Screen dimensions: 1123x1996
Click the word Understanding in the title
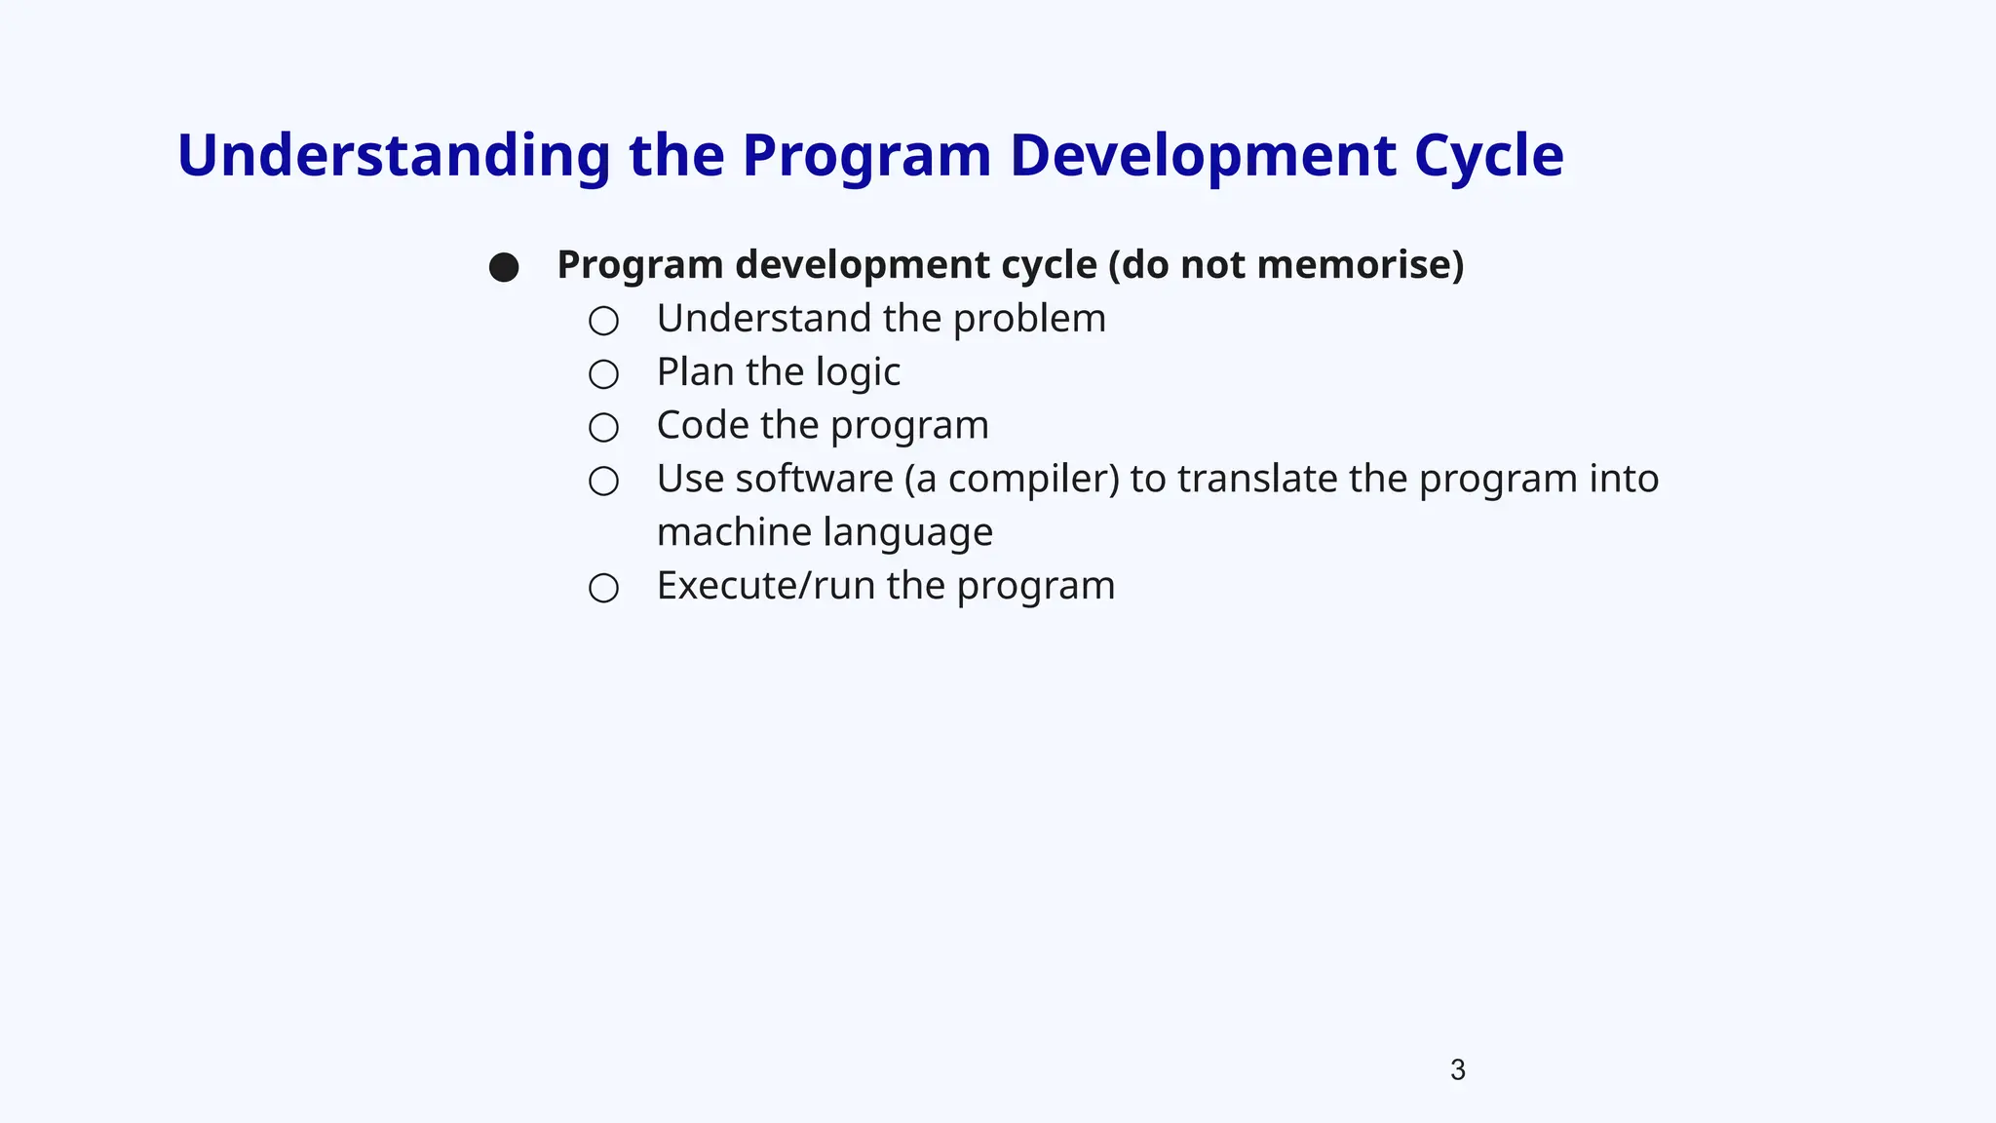[393, 156]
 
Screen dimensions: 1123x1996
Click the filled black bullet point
[504, 267]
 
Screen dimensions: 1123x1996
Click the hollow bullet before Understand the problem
[603, 321]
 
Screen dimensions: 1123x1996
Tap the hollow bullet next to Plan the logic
[603, 374]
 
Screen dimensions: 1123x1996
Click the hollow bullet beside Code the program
[603, 427]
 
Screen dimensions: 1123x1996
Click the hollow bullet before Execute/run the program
[603, 588]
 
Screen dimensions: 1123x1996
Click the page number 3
[1457, 1070]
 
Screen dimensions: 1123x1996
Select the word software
[814, 480]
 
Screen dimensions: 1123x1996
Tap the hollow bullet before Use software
[603, 481]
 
